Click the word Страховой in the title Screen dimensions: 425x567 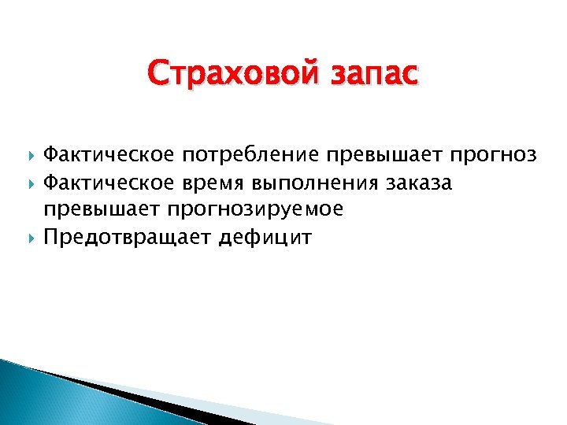click(x=228, y=76)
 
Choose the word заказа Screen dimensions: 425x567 click(x=419, y=183)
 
